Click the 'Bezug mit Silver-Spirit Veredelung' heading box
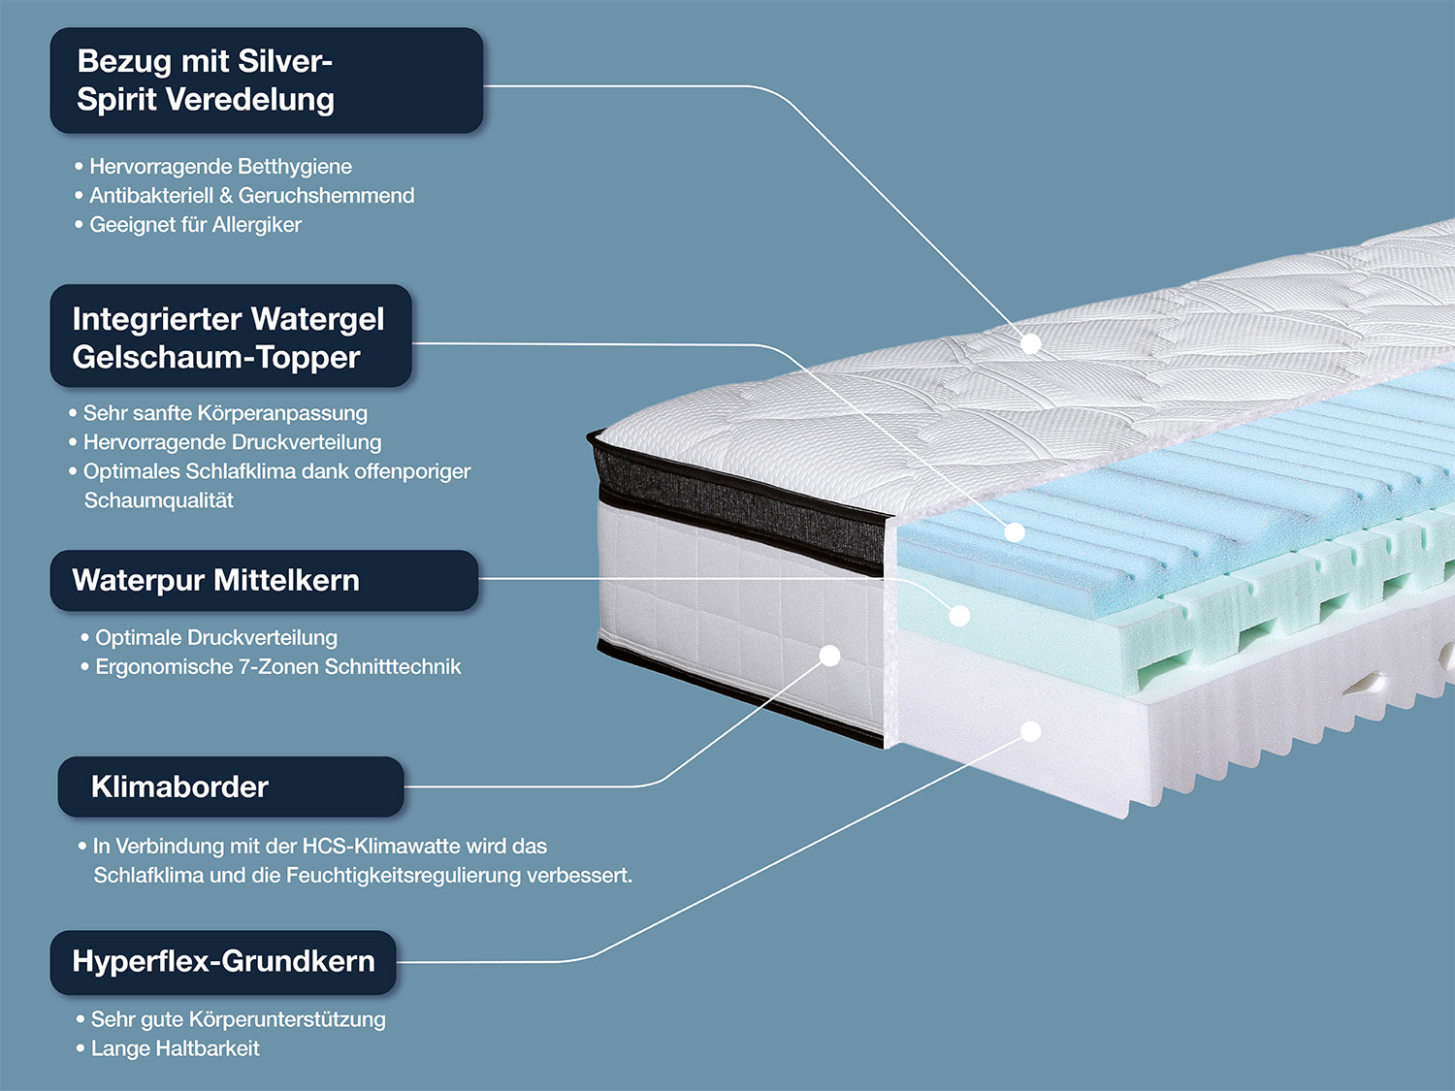pyautogui.click(x=267, y=80)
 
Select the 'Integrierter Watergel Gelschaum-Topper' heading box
pyautogui.click(x=231, y=337)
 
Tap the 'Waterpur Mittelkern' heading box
pyautogui.click(x=264, y=580)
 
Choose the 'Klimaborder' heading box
pyautogui.click(x=231, y=786)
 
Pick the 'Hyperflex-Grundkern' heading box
pyautogui.click(x=223, y=962)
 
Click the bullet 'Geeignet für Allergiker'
pyautogui.click(x=195, y=225)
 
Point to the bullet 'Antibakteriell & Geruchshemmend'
pyautogui.click(x=251, y=196)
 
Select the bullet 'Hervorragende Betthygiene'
pyautogui.click(x=220, y=167)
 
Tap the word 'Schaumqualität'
pyautogui.click(x=159, y=500)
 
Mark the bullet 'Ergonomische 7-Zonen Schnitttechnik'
pyautogui.click(x=277, y=667)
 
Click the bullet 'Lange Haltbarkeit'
pyautogui.click(x=175, y=1048)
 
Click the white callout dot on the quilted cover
pyautogui.click(x=1031, y=343)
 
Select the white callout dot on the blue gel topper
pyautogui.click(x=1015, y=532)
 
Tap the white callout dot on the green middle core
pyautogui.click(x=959, y=615)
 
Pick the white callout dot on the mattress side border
pyautogui.click(x=829, y=656)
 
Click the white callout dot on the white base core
pyautogui.click(x=1031, y=731)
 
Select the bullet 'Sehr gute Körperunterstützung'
pyautogui.click(x=238, y=1019)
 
